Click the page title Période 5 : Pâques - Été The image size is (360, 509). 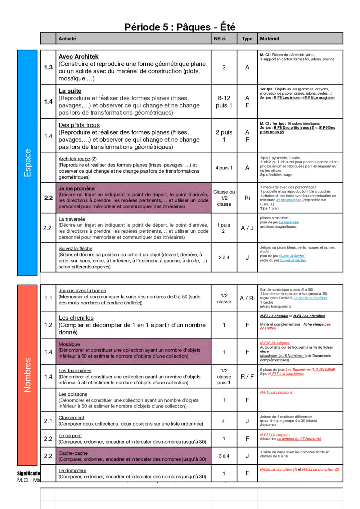coord(180,27)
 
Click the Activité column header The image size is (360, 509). coord(67,38)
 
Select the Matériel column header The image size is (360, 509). coord(269,38)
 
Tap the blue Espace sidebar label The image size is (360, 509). coord(27,163)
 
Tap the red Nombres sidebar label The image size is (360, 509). coord(27,375)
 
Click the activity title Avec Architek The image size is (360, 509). coord(78,56)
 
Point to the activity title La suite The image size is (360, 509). coord(70,91)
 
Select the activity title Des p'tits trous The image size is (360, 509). coord(79,125)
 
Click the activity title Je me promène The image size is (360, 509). coord(77,188)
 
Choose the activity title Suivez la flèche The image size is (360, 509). coord(76,248)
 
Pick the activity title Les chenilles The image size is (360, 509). coord(76,318)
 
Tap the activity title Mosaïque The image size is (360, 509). coord(69,344)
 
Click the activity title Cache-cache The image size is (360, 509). coord(73,453)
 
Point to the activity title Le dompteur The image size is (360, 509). coord(72,470)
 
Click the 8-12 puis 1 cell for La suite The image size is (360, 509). coord(224,101)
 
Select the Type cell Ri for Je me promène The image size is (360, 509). coord(247,198)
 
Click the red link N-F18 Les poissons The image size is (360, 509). coord(276,392)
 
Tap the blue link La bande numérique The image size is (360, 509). coord(310,298)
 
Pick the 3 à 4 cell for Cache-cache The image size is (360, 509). coord(224,456)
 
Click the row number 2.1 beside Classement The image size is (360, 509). coord(48,421)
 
